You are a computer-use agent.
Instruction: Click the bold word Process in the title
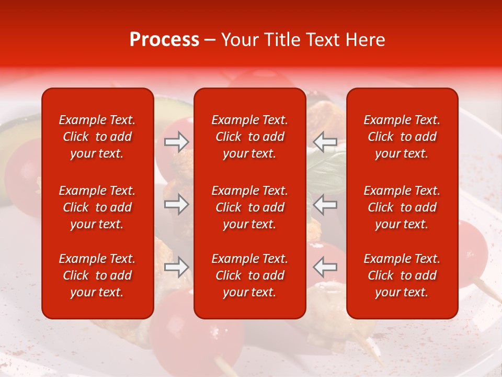(164, 40)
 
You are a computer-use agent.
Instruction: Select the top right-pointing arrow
(176, 142)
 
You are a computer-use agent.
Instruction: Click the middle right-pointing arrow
(176, 204)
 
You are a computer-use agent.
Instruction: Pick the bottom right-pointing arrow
(176, 267)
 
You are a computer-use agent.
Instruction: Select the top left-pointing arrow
(325, 142)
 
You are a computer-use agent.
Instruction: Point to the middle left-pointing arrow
(325, 204)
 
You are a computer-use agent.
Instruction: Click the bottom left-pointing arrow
(325, 267)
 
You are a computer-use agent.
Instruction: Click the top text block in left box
(97, 137)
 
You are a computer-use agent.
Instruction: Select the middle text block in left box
(97, 207)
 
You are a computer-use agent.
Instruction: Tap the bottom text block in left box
(97, 275)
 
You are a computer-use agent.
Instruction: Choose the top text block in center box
(249, 137)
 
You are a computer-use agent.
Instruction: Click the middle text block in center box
(249, 207)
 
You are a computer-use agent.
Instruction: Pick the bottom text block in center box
(249, 275)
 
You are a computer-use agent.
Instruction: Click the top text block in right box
(402, 137)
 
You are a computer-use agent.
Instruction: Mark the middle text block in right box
(402, 207)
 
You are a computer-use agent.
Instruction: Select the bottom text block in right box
(402, 275)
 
